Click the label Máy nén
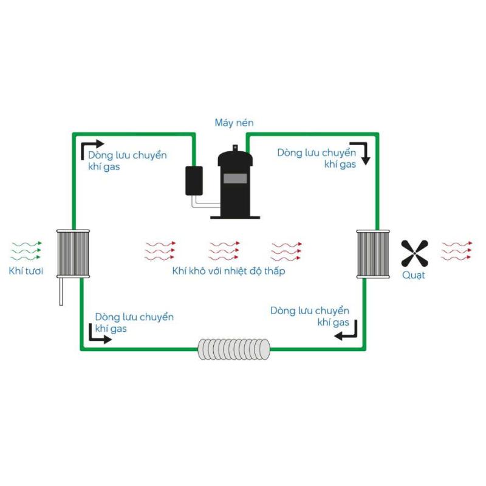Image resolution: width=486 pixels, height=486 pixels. pyautogui.click(x=234, y=123)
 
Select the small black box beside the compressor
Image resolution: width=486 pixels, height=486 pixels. pyautogui.click(x=194, y=181)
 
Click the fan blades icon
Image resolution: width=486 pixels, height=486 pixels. pyautogui.click(x=414, y=253)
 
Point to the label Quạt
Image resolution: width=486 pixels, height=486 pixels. pyautogui.click(x=414, y=275)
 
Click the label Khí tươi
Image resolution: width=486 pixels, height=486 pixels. pyautogui.click(x=26, y=271)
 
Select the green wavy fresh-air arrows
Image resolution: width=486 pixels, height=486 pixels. pyautogui.click(x=26, y=251)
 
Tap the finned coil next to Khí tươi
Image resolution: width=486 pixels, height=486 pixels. pyautogui.click(x=73, y=253)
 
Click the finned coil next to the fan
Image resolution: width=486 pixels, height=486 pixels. pyautogui.click(x=373, y=254)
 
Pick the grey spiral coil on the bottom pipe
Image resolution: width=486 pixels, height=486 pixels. pyautogui.click(x=234, y=349)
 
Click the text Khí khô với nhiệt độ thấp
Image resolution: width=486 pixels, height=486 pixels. pyautogui.click(x=229, y=271)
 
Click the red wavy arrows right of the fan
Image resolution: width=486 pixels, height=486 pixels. pyautogui.click(x=457, y=251)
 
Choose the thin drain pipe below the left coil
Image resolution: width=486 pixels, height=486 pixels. pyautogui.click(x=61, y=292)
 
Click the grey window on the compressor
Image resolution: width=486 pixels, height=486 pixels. pyautogui.click(x=235, y=178)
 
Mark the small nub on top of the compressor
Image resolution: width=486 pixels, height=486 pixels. pyautogui.click(x=235, y=148)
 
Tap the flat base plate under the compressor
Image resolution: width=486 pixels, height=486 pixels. pyautogui.click(x=235, y=217)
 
